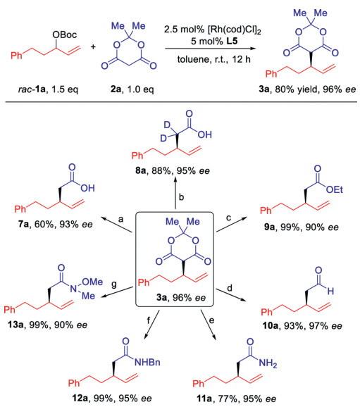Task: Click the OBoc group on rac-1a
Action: coord(65,35)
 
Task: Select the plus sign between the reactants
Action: coord(93,47)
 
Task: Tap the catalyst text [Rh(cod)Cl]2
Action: coord(234,30)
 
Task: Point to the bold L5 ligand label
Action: coord(232,41)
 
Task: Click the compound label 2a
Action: coord(116,89)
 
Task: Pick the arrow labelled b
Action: coord(175,194)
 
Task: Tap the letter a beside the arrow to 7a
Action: coord(120,220)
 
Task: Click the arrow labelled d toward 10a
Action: coord(230,295)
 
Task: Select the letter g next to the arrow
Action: coord(113,284)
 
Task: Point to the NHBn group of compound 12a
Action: coord(147,362)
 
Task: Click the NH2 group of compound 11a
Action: coord(268,363)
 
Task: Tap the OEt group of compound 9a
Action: coord(335,189)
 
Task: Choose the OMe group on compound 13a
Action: coord(92,282)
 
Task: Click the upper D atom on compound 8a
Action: coord(167,125)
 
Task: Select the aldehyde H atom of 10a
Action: coord(330,292)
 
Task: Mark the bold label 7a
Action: coord(23,224)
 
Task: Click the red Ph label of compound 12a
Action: coord(74,383)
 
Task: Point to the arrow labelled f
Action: coord(152,325)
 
